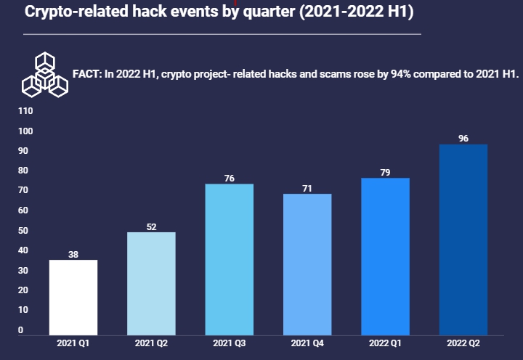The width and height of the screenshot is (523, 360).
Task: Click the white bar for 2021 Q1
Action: pyautogui.click(x=73, y=298)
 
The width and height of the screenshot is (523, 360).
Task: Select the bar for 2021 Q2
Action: pyautogui.click(x=151, y=284)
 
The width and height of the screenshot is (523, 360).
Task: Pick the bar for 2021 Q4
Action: pyautogui.click(x=307, y=265)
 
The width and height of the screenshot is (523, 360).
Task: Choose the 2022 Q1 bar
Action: pyautogui.click(x=385, y=257)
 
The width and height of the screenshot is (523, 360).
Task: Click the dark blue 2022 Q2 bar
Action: pyautogui.click(x=463, y=240)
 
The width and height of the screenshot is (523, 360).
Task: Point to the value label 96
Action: pyautogui.click(x=463, y=138)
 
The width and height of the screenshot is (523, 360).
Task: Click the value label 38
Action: pyautogui.click(x=73, y=254)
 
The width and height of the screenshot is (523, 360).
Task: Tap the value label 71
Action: pyautogui.click(x=307, y=189)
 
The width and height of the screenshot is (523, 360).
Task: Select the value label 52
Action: pyautogui.click(x=151, y=226)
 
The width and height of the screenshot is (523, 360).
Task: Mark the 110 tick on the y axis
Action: pyautogui.click(x=26, y=111)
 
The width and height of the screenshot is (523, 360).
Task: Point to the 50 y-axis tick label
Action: pyautogui.click(x=24, y=231)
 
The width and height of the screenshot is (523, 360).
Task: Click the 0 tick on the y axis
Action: pyautogui.click(x=20, y=330)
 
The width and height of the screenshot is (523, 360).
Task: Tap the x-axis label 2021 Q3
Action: pyautogui.click(x=230, y=342)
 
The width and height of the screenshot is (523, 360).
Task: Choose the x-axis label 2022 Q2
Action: pyautogui.click(x=463, y=342)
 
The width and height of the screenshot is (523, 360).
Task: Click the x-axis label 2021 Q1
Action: pyautogui.click(x=73, y=342)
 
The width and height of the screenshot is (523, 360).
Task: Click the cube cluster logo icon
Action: pyautogui.click(x=45, y=74)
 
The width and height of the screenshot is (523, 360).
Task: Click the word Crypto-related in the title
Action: pyautogui.click(x=68, y=12)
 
